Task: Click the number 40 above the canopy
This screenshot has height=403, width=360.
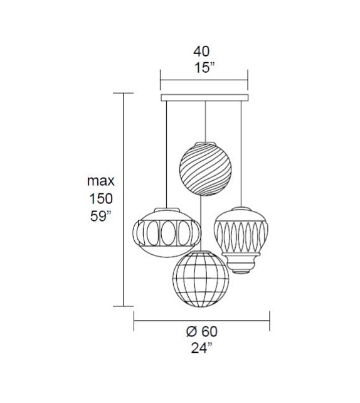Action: click(x=201, y=51)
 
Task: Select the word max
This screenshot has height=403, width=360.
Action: click(x=100, y=181)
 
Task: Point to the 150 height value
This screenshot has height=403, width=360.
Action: click(x=100, y=200)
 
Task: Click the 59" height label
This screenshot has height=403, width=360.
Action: click(x=100, y=218)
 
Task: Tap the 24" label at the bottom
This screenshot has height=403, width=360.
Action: click(x=201, y=349)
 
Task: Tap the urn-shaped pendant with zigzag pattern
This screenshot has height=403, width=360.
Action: click(x=241, y=235)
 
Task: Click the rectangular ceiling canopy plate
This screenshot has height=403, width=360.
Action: click(x=204, y=98)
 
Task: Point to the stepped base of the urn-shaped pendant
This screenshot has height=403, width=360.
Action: click(x=241, y=265)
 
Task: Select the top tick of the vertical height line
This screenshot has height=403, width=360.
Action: click(x=123, y=93)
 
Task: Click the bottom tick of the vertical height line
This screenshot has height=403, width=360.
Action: click(x=123, y=306)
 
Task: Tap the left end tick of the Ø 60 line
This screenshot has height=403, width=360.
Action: click(x=134, y=321)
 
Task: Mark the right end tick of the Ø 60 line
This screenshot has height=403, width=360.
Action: click(x=270, y=321)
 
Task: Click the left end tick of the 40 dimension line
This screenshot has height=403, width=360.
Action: click(x=161, y=79)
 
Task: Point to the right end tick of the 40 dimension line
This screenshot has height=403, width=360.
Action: click(x=248, y=79)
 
